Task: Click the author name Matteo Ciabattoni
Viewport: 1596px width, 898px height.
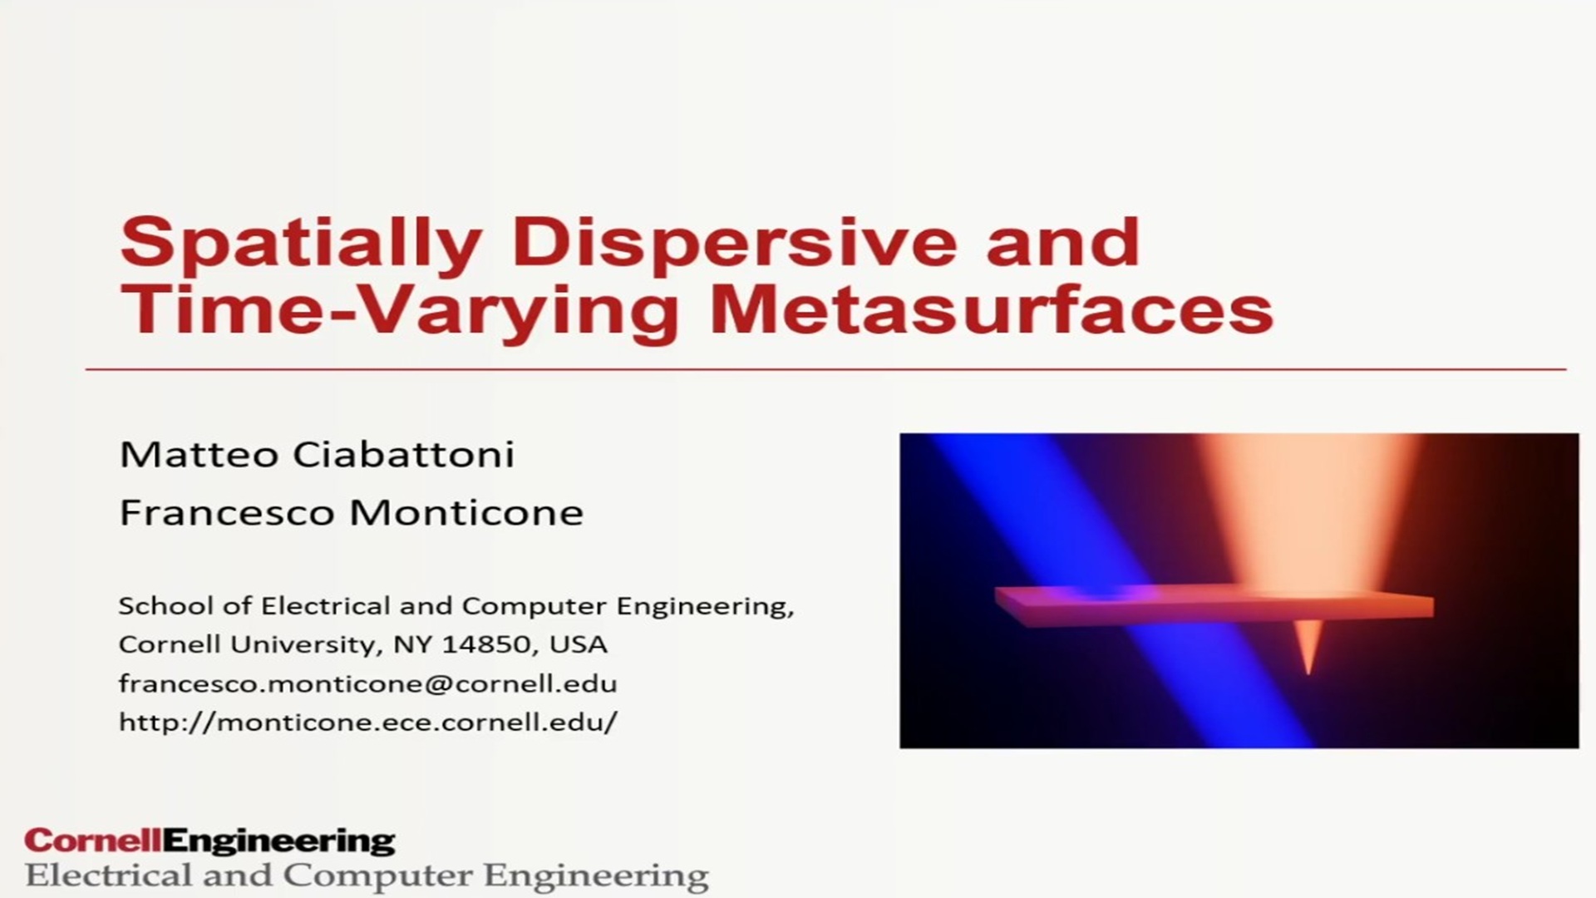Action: pos(317,454)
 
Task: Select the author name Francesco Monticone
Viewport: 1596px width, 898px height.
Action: pos(352,512)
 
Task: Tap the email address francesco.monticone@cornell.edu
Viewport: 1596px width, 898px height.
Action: pos(367,683)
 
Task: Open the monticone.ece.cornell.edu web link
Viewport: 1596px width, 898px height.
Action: pos(367,722)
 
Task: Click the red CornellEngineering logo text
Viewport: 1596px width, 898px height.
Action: pos(209,841)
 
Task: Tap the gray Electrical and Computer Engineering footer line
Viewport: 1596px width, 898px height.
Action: pos(367,876)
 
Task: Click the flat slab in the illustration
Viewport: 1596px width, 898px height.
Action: pos(1214,606)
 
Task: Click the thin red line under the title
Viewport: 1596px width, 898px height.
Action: pos(825,369)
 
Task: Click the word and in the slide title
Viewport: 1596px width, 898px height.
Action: pos(1062,241)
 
